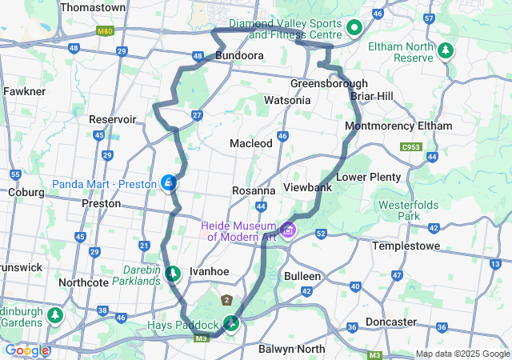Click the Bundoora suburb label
(x=240, y=56)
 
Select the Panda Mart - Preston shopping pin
(x=169, y=184)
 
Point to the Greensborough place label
(x=329, y=83)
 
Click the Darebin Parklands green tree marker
(x=173, y=274)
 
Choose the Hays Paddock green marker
(x=231, y=324)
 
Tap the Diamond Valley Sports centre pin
(x=355, y=29)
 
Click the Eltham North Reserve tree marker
(x=445, y=50)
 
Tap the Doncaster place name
(x=411, y=322)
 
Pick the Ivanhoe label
(x=209, y=271)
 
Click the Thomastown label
(x=93, y=7)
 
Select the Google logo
(x=26, y=350)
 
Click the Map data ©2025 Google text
(x=462, y=354)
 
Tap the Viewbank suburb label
(x=308, y=186)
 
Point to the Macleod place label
(x=251, y=142)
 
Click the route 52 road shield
(x=321, y=234)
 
